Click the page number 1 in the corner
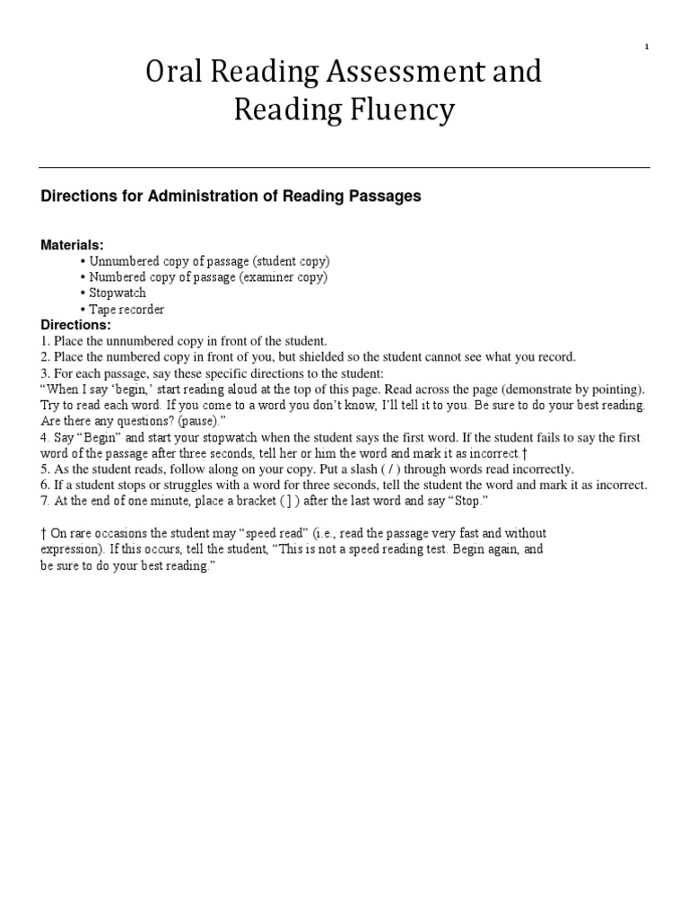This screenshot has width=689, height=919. pyautogui.click(x=647, y=48)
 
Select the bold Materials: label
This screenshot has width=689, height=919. pyautogui.click(x=73, y=245)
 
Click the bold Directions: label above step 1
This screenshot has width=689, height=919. pyautogui.click(x=76, y=325)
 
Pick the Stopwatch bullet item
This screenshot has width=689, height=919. pyautogui.click(x=117, y=293)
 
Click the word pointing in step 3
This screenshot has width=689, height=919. pyautogui.click(x=617, y=389)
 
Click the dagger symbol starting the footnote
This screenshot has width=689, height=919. pyautogui.click(x=43, y=533)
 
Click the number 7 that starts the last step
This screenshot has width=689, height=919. pyautogui.click(x=45, y=502)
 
